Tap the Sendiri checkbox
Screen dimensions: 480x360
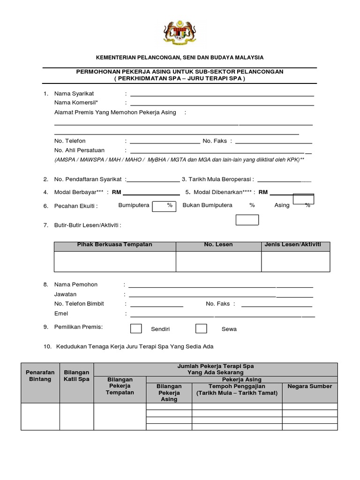136,329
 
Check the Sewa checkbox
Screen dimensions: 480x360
201,329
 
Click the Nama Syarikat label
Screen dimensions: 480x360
74,94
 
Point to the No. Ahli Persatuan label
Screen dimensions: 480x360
80,150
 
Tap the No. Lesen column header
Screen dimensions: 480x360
218,245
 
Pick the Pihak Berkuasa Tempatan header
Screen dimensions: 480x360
115,245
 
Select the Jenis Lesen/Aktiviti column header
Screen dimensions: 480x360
295,245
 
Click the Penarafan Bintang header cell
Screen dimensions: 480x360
40,376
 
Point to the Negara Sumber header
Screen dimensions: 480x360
310,386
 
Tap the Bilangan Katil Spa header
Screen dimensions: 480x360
76,376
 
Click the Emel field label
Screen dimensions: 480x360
61,314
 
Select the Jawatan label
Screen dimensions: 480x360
66,294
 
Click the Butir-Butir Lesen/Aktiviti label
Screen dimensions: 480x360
88,225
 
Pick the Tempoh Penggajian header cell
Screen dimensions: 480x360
237,390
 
